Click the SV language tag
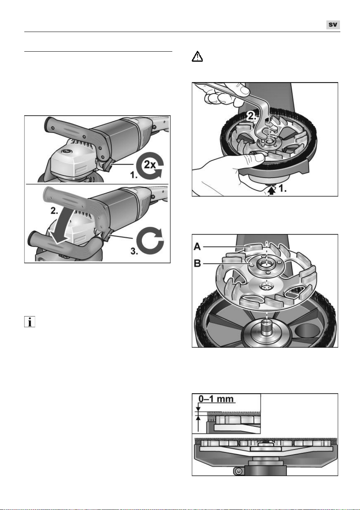coord(333,25)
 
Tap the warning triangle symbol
coord(197,56)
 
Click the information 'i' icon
coord(30,322)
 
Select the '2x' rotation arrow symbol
coord(150,165)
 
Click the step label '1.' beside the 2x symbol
coord(134,175)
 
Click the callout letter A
coord(197,247)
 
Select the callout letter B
coord(197,264)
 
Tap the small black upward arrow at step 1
coord(272,190)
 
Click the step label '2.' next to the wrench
coord(252,116)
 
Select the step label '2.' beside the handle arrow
coord(54,211)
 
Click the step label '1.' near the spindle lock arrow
coord(283,189)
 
